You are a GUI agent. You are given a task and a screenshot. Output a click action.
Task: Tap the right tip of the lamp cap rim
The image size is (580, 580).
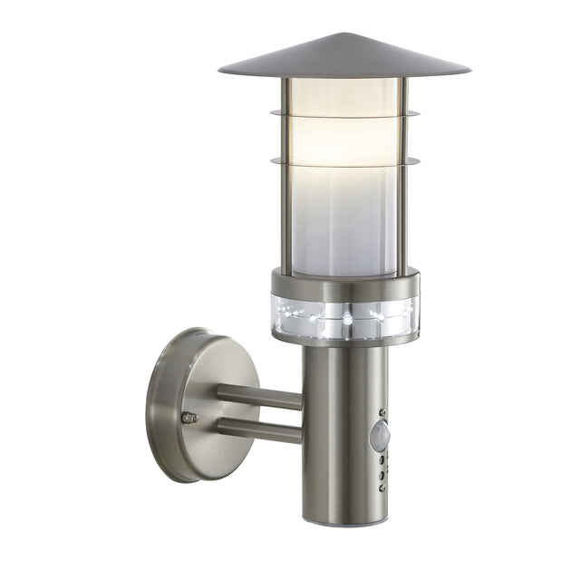click(x=469, y=71)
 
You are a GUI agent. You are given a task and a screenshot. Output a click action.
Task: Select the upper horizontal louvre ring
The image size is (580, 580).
click(x=344, y=115)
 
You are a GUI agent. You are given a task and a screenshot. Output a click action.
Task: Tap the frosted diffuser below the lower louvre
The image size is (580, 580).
click(x=344, y=217)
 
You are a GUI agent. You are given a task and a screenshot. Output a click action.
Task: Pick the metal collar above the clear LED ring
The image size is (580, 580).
click(x=344, y=283)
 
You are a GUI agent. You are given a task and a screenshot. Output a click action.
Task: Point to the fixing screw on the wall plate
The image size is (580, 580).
click(x=188, y=418)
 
